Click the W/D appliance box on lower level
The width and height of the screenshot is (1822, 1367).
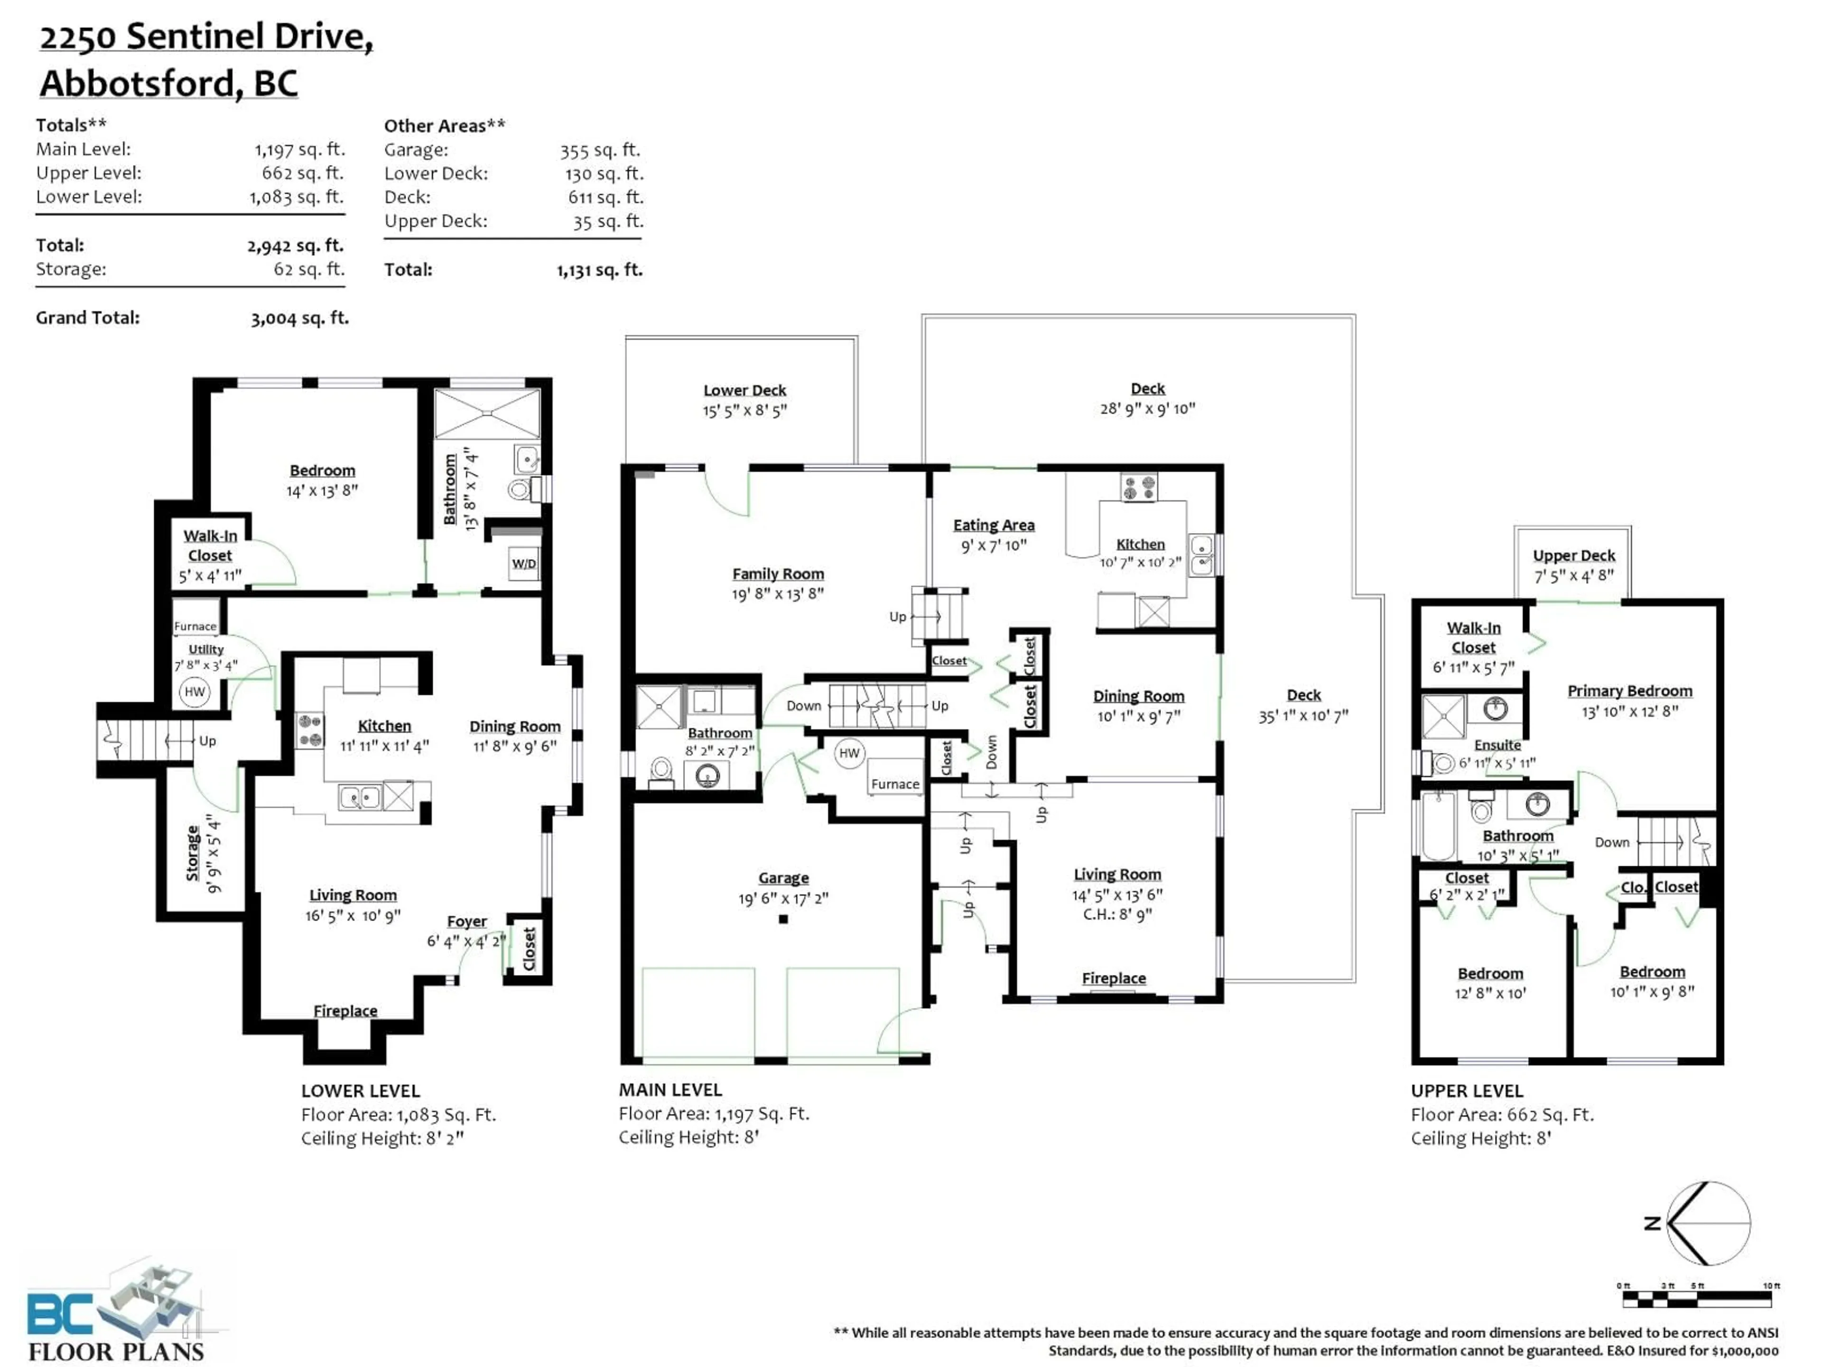[524, 563]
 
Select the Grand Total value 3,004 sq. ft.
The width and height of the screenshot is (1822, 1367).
[300, 318]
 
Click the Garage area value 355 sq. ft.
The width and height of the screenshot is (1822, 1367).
[600, 150]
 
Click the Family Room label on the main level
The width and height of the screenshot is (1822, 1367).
[778, 573]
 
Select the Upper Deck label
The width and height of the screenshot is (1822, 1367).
[1573, 555]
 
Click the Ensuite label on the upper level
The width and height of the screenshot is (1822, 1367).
[1497, 744]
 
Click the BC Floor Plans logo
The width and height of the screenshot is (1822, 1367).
[115, 1310]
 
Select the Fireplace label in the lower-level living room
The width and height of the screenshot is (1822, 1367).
[345, 1010]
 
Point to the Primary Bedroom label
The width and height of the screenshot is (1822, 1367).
[1629, 691]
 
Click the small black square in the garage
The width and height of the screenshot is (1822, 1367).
[783, 919]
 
